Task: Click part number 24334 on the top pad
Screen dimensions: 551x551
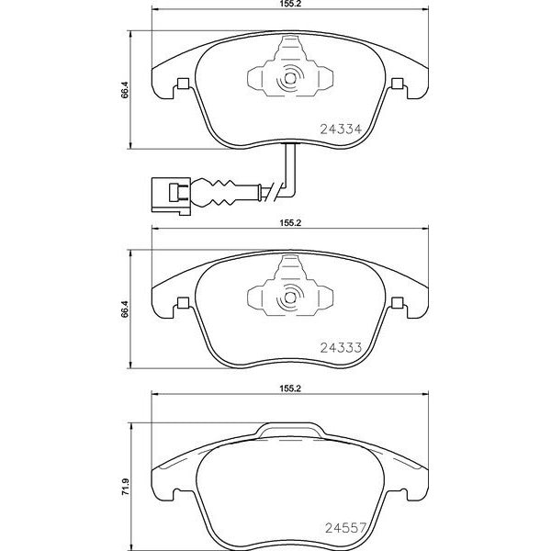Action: [x=341, y=129]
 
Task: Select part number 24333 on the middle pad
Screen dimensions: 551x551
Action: [x=341, y=347]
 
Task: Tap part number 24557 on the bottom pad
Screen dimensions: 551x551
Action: [x=346, y=527]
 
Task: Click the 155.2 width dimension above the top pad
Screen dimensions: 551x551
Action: [x=290, y=4]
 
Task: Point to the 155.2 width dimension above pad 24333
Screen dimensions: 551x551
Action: [x=290, y=223]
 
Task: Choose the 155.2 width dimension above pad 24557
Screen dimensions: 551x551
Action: [x=290, y=388]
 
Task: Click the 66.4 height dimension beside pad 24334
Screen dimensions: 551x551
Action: [x=125, y=90]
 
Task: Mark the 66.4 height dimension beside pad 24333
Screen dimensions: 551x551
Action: [x=125, y=309]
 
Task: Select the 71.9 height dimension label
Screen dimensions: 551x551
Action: [x=125, y=488]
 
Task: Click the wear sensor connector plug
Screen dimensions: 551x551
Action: [x=171, y=195]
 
